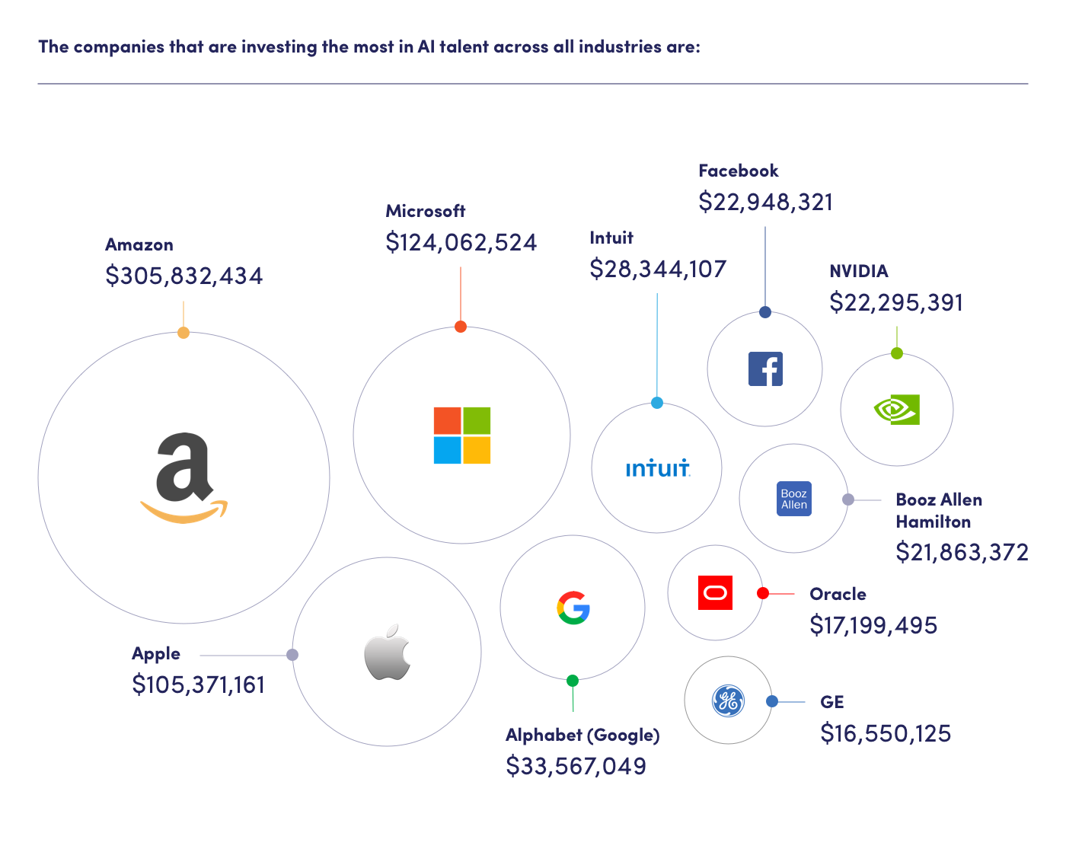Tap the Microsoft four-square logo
462,436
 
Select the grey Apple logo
387,653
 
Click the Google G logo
573,608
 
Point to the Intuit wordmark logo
658,468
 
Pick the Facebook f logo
765,369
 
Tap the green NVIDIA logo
897,410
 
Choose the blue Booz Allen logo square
793,499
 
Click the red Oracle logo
715,593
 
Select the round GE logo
728,701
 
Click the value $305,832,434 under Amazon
184,276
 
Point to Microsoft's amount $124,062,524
461,242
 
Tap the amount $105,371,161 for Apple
198,685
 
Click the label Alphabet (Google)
582,735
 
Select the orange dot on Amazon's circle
184,333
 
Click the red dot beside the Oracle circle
763,593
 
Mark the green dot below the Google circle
573,681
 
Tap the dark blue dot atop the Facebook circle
765,312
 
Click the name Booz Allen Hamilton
938,511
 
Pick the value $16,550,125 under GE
886,733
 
